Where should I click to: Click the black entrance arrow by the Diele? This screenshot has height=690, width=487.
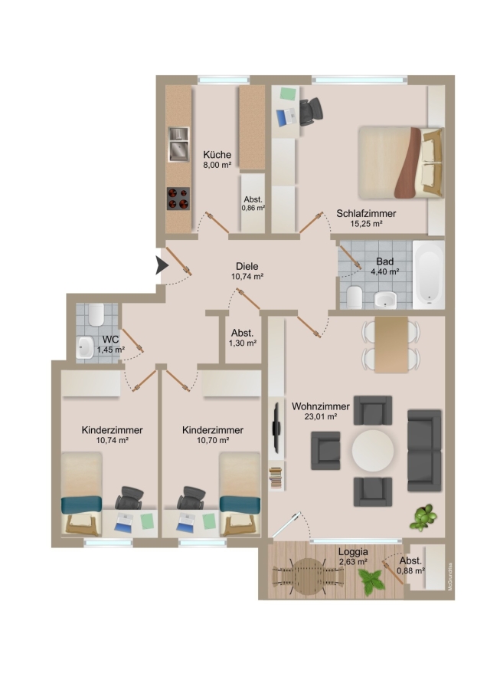162,265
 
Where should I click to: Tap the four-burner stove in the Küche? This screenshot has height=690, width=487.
178,199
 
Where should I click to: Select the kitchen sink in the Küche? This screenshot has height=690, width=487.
179,144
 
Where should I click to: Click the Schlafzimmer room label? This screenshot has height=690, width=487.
366,213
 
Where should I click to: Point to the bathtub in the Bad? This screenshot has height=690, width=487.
429,274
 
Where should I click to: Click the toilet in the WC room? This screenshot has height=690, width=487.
96,314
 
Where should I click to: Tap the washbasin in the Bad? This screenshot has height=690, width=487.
385,300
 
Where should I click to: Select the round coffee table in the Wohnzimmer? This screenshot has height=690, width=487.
373,451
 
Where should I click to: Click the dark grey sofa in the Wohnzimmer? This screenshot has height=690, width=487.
424,451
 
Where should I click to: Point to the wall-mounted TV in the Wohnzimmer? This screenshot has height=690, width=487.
276,427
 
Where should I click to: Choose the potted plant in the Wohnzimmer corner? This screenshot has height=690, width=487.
423,517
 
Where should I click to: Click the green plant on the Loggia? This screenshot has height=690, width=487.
371,582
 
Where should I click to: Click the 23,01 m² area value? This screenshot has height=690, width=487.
321,416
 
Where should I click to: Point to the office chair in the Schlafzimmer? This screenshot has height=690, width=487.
311,110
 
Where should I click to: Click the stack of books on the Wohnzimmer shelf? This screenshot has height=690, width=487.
276,478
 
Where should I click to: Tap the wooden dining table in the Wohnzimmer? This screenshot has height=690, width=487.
391,345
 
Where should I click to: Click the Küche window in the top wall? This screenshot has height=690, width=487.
224,80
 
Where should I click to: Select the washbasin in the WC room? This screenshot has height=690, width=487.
84,347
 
